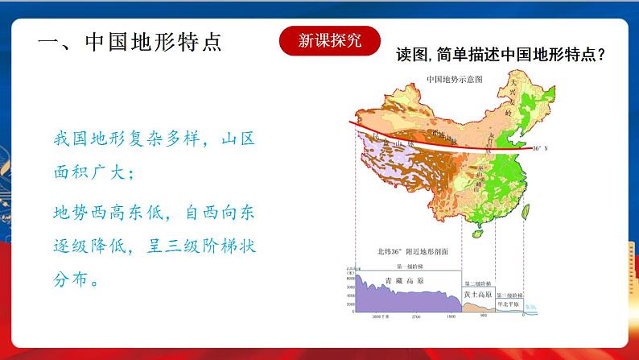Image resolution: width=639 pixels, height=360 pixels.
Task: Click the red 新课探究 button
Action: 329,40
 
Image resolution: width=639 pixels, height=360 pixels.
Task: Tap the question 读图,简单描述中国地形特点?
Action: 501,56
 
